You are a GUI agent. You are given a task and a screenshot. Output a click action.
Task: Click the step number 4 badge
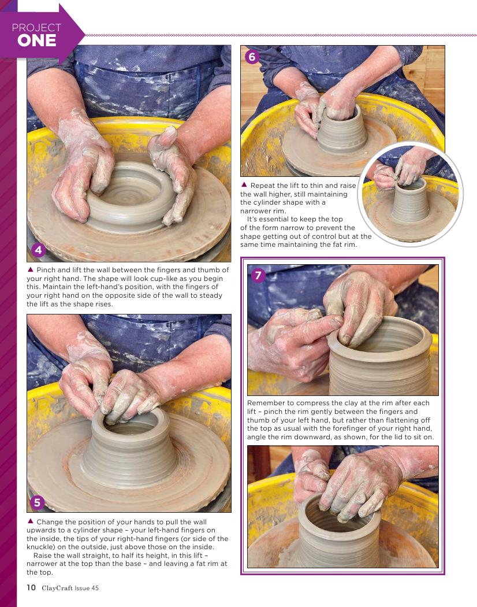38,250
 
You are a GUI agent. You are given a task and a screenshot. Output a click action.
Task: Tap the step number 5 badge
37,502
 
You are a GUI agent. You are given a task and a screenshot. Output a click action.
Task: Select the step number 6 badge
252,57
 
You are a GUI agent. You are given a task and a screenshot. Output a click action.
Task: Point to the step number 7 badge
258,276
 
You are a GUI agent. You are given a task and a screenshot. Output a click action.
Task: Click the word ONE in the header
37,40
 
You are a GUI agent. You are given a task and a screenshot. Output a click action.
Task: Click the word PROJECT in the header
36,28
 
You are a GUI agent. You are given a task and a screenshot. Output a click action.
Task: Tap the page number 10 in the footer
31,588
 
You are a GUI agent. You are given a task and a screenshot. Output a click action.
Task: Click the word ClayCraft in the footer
57,588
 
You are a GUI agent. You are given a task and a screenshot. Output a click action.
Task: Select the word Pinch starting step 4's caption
46,270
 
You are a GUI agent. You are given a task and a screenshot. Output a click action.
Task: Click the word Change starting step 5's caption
50,522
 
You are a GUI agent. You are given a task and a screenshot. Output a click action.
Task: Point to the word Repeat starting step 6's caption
263,186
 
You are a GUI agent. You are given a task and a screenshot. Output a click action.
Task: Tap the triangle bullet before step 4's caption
30,269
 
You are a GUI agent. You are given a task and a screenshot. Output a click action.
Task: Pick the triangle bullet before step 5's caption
30,521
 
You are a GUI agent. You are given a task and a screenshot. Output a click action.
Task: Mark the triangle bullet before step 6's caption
244,184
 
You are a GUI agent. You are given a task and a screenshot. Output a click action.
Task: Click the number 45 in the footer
95,588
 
